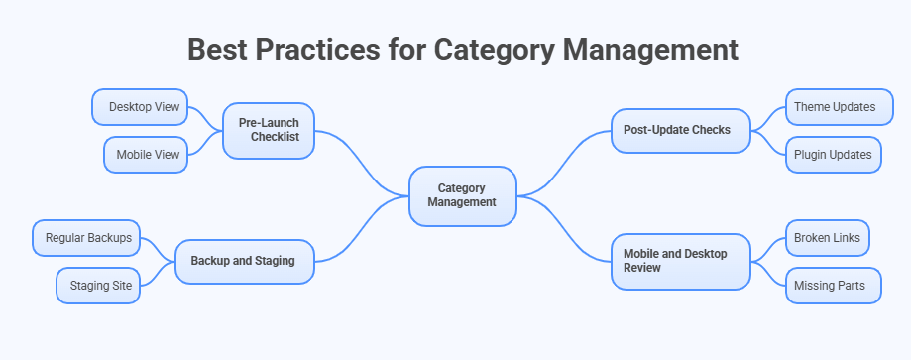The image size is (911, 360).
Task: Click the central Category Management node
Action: [x=462, y=194]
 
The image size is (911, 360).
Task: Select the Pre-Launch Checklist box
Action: [x=269, y=130]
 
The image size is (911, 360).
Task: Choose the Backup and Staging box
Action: [x=243, y=261]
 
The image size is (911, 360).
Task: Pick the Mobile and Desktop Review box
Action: [x=680, y=261]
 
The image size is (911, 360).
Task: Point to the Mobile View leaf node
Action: [x=147, y=154]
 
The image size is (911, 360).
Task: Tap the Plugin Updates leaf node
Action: [x=833, y=154]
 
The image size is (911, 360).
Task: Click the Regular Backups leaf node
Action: [x=87, y=238]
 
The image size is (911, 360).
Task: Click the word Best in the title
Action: [x=222, y=50]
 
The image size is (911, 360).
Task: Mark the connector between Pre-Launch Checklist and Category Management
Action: [x=362, y=162]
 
